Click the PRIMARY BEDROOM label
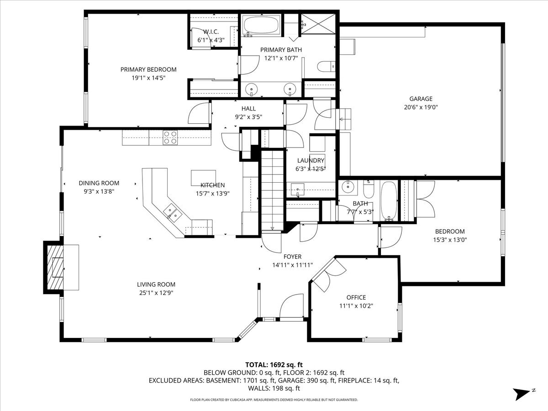tap(148, 69)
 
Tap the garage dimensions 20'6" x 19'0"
tap(421, 107)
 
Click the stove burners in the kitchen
tap(170, 137)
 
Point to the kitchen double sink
tap(173, 212)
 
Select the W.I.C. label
tap(211, 32)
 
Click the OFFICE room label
tap(356, 297)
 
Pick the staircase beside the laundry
tap(273, 190)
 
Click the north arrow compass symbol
tap(522, 393)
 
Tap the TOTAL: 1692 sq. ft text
tap(274, 364)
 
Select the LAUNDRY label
tap(311, 160)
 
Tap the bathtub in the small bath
tap(389, 200)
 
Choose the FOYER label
tap(292, 257)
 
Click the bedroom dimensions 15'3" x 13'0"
tap(450, 239)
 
